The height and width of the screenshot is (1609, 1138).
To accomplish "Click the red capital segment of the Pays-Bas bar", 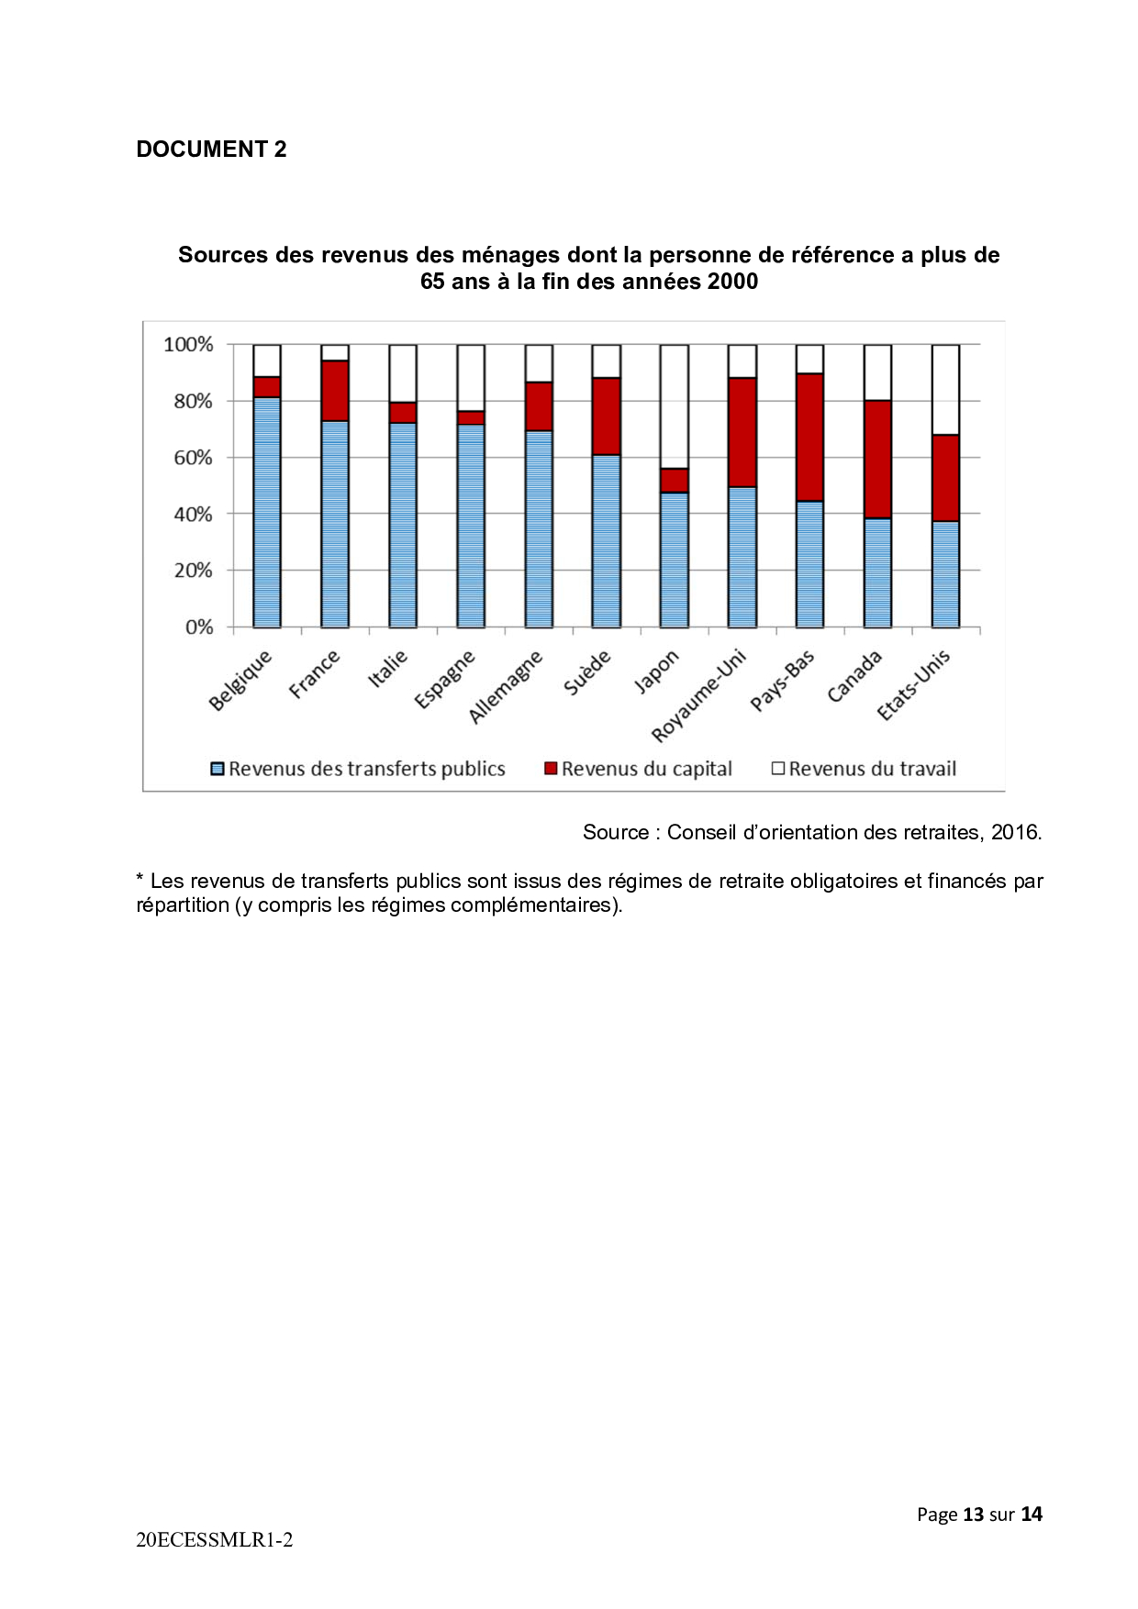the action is pos(809,438).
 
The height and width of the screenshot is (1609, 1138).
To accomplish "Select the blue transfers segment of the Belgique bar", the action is pos(267,513).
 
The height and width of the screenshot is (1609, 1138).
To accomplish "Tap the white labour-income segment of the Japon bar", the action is pos(675,406).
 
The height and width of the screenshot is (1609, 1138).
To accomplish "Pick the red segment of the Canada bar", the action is pos(877,460).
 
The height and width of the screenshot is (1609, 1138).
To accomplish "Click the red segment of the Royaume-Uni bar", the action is pos(742,432).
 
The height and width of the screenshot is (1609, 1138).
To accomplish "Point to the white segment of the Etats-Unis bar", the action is pos(945,390).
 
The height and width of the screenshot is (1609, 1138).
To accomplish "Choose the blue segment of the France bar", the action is pos(335,525).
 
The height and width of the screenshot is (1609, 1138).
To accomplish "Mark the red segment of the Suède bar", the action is pos(607,416).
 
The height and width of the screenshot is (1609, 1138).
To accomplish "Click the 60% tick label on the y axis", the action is pos(193,458).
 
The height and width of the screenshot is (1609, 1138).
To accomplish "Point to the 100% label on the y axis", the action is pos(188,345).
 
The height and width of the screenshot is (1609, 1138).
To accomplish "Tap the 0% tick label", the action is pos(199,627).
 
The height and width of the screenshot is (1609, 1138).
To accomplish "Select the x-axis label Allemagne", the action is pos(506,686).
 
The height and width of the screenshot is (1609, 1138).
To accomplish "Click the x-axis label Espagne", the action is pos(444,679).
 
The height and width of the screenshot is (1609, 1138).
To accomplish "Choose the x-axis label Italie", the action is pos(387,668).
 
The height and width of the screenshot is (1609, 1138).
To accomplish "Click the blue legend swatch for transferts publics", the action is pos(218,769).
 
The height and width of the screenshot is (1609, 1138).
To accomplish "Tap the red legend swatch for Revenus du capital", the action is pos(551,769).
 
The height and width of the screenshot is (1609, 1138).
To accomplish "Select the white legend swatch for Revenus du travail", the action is pos(778,769).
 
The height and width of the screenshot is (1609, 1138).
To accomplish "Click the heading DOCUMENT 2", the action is pos(211,150).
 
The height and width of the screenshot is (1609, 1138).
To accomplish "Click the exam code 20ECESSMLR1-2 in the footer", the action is pos(215,1540).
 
